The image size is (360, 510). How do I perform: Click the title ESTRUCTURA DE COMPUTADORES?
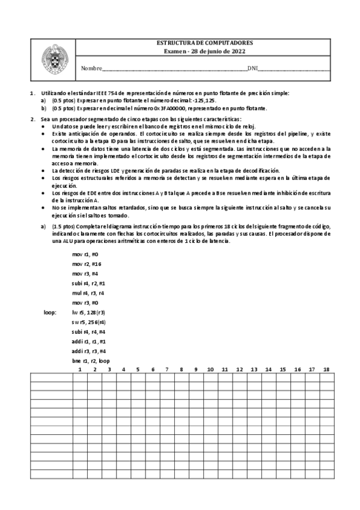coord(204,44)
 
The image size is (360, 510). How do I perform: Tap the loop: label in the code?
coord(50,313)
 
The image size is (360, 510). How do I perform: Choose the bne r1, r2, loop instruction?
coord(91,361)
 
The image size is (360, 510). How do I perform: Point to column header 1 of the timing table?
coord(80,369)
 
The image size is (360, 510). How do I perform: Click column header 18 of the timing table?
coord(326,369)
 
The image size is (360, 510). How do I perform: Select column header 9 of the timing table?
coord(196,369)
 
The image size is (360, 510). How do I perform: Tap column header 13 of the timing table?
coord(254,369)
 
